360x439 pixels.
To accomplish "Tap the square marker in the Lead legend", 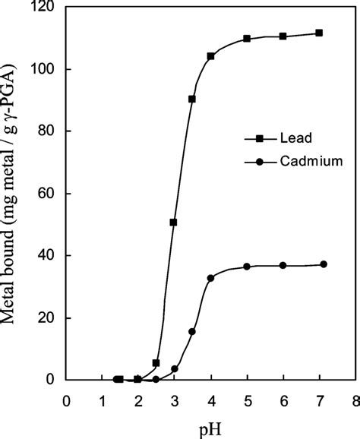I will (259, 139).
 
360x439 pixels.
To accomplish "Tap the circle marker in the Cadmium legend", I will (259, 161).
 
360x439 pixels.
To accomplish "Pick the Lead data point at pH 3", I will (174, 223).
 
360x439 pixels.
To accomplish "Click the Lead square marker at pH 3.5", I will (192, 99).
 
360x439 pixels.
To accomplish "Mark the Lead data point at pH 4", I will (210, 56).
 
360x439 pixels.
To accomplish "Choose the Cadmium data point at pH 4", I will (210, 278).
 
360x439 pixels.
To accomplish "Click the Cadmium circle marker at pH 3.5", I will (192, 331).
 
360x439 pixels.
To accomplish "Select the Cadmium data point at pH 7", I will (324, 264).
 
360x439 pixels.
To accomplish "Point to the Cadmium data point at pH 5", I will (247, 267).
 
